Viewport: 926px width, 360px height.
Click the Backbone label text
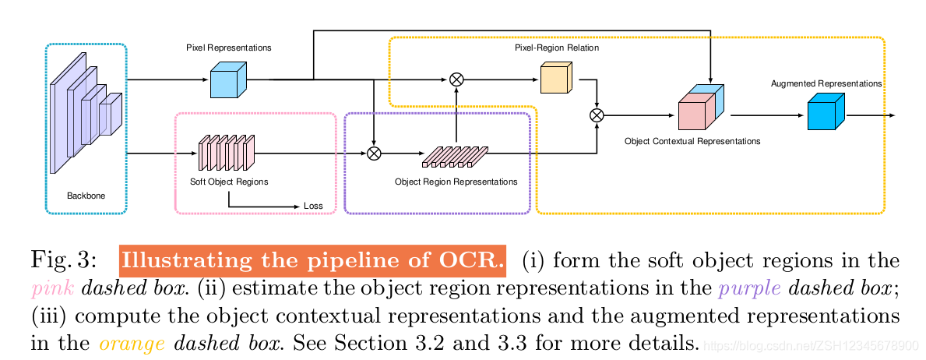coord(85,196)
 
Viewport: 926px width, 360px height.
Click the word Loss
coord(313,206)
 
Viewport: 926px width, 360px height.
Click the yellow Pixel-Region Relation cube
coord(556,79)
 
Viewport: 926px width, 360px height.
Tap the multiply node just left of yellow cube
coord(457,79)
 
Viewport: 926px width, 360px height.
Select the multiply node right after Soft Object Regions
coord(374,154)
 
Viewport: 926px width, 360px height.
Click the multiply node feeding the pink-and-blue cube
coord(597,115)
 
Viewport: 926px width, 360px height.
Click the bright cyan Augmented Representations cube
coord(825,112)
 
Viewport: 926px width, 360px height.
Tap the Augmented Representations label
coord(826,83)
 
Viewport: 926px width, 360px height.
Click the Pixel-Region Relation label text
coord(557,48)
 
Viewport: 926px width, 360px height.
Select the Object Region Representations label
coord(456,182)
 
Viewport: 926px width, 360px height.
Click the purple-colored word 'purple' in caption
coord(749,290)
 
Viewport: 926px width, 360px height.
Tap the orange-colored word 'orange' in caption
coord(132,344)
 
